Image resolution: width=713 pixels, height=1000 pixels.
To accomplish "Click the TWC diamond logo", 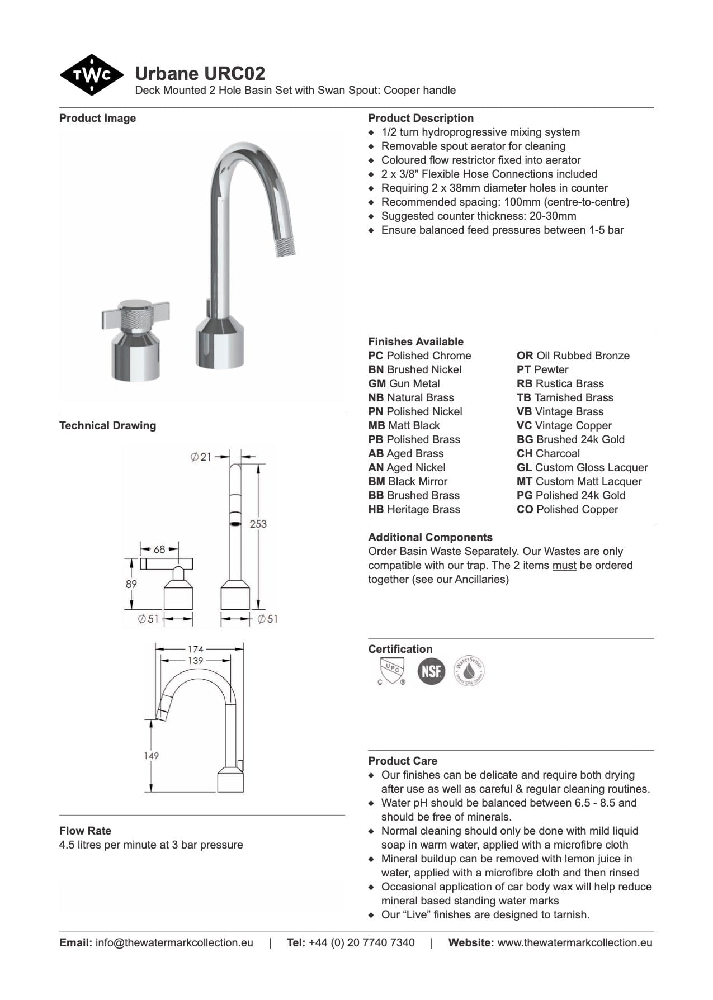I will click(91, 75).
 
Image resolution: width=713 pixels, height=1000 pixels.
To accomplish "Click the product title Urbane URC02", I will click(200, 73).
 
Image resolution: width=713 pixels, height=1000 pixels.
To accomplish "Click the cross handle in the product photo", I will click(136, 316).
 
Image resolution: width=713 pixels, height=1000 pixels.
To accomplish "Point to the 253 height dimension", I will click(258, 524).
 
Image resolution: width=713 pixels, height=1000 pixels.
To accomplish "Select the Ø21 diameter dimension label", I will click(201, 457).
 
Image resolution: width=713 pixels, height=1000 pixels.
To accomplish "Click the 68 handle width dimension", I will click(159, 549).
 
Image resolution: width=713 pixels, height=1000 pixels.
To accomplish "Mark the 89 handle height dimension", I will click(131, 584).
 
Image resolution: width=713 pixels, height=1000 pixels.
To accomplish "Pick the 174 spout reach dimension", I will click(195, 649).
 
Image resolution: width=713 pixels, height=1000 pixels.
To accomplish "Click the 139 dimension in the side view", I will click(195, 660).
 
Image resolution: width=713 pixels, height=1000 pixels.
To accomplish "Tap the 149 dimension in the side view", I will click(151, 755).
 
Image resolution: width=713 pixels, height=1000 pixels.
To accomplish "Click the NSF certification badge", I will click(431, 671).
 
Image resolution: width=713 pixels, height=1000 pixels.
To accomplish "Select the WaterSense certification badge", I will click(469, 671).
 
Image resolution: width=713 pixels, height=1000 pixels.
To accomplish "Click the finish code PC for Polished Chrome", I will click(375, 356).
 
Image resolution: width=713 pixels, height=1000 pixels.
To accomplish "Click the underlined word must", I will click(564, 565).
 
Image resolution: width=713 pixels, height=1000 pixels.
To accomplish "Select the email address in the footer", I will click(174, 942).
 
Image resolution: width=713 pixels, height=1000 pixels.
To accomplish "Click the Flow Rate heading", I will click(85, 831).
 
